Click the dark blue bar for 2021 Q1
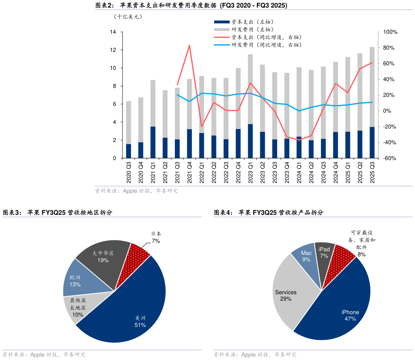pos(153,142)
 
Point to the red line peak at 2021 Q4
pos(189,46)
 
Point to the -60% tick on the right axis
pos(390,158)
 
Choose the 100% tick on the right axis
pos(390,32)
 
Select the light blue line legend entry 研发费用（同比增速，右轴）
pos(266,45)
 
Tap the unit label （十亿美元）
pos(128,17)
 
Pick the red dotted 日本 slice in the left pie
pos(139,250)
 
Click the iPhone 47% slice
pos(342,306)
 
